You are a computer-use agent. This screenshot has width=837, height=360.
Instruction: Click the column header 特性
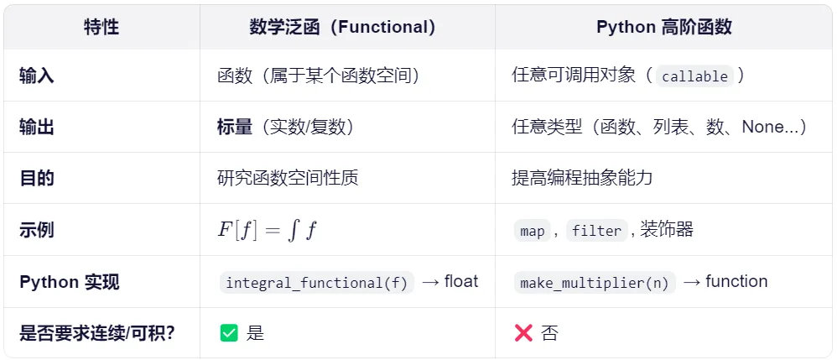[x=101, y=27]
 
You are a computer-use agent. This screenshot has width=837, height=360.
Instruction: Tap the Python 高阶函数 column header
[x=663, y=27]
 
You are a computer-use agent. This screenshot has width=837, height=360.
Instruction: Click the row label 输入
[x=37, y=76]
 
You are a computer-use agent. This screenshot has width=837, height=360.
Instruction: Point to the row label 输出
[x=37, y=127]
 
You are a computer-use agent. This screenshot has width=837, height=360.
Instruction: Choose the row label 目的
[x=37, y=178]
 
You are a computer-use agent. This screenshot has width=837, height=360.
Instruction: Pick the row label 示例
[x=37, y=230]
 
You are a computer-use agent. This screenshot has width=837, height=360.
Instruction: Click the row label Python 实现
[x=70, y=282]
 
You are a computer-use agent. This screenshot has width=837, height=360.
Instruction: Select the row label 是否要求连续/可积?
[x=97, y=333]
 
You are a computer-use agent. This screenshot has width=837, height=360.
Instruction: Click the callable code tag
[x=694, y=76]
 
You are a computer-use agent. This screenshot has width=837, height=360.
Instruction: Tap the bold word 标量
[x=235, y=127]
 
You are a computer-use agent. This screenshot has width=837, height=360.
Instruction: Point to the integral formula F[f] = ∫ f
[x=267, y=230]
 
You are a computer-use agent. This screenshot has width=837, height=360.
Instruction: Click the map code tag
[x=533, y=231]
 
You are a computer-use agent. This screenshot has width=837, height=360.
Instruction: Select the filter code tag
[x=596, y=231]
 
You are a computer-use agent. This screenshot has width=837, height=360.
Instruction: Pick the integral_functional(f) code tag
[x=316, y=283]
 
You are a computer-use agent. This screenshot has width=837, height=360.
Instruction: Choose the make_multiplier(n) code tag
[x=594, y=283]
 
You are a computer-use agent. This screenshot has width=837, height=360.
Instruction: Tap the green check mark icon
[x=229, y=333]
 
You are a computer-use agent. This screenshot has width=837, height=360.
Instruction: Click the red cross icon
[x=523, y=333]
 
